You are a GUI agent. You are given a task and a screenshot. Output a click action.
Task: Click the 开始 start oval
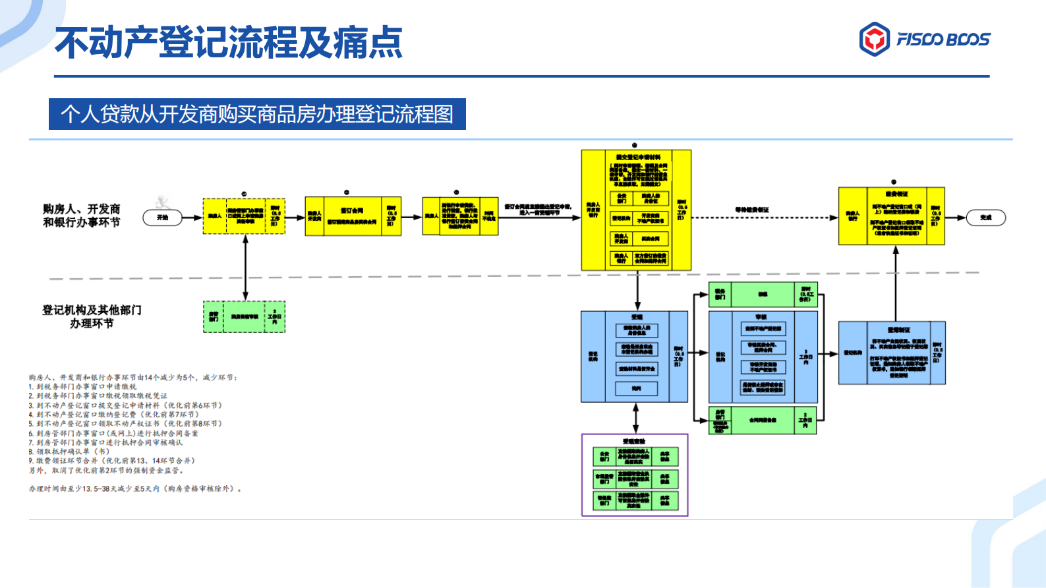162,218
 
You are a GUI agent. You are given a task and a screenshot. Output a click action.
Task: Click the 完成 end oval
985,218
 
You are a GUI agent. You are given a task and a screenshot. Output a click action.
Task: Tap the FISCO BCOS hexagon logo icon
875,39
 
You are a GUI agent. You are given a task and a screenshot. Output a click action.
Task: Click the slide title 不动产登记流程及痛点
229,43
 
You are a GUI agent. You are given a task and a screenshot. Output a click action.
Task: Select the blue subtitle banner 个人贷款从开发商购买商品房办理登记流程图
257,114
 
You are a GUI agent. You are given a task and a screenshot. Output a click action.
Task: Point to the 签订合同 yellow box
352,211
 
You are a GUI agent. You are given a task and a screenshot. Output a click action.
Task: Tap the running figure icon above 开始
162,202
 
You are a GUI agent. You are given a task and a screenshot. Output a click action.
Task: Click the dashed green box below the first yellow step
244,316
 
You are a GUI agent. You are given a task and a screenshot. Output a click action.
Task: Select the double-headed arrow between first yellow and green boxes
245,268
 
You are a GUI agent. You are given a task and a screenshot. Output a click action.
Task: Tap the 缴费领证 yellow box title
896,194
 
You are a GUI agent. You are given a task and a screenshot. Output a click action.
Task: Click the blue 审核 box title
761,317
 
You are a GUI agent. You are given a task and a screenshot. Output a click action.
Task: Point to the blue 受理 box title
637,317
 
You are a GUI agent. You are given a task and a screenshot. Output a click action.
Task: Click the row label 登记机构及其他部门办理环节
92,316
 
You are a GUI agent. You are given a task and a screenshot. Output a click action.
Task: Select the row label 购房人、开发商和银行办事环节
82,216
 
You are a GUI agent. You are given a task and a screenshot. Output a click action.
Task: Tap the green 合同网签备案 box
763,420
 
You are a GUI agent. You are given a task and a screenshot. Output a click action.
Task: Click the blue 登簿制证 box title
898,329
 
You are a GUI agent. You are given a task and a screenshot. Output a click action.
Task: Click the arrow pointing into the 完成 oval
955,218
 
